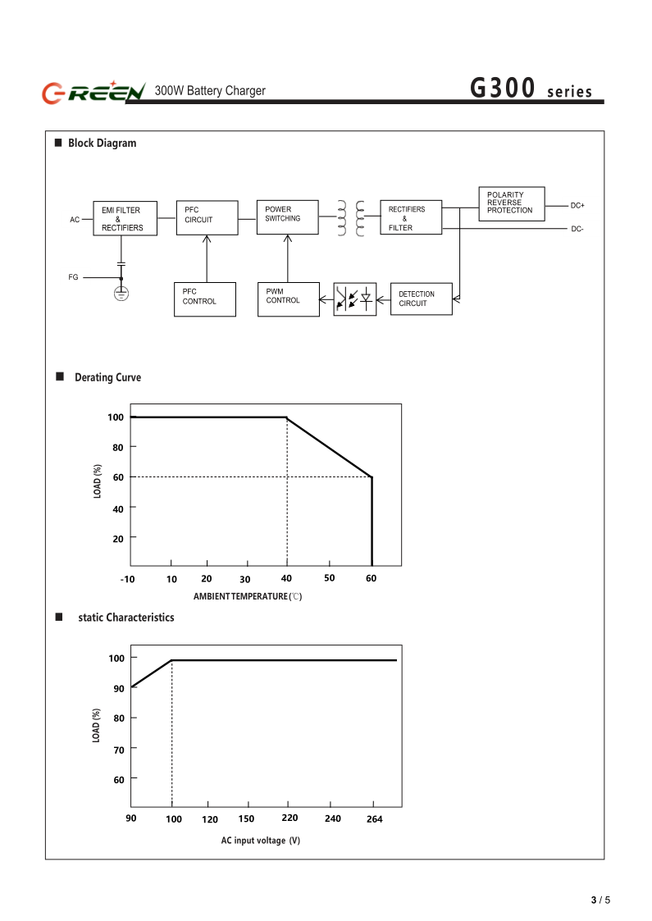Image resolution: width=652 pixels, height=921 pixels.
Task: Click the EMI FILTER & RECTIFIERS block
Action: point(122,219)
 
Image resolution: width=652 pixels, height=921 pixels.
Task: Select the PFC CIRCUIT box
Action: point(207,217)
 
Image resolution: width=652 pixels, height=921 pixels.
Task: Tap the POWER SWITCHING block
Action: point(287,217)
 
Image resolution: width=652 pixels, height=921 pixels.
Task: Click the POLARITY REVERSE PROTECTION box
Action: point(511,203)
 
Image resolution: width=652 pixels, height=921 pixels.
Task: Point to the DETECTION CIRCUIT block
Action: point(421,299)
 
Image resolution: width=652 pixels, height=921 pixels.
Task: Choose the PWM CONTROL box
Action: point(288,299)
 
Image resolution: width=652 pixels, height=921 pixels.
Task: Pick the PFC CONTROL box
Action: point(204,299)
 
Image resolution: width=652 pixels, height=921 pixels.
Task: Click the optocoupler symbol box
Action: point(354,299)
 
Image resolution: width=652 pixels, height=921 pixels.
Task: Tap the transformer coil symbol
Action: point(350,218)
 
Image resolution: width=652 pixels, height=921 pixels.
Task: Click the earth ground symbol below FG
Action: point(121,292)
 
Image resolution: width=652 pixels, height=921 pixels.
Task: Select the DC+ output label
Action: point(577,205)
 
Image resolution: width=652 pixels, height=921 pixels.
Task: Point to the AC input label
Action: point(75,220)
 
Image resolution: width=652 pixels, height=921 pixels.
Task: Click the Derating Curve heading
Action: point(107,377)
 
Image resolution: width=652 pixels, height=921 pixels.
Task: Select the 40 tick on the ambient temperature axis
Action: point(286,578)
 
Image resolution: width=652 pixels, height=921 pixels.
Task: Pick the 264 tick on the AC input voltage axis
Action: point(374,818)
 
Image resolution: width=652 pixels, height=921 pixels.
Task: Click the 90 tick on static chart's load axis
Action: point(119,687)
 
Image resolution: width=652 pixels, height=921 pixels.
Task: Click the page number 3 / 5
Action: point(600,900)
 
